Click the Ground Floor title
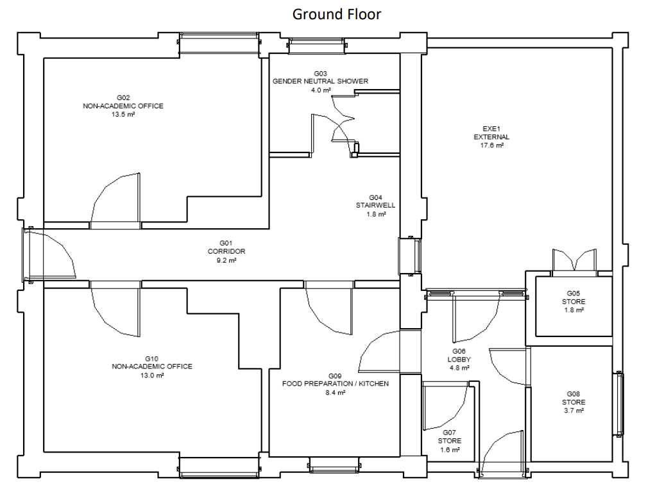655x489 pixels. [x=337, y=14]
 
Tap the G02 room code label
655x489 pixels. [x=123, y=97]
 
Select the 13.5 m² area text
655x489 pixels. [x=123, y=114]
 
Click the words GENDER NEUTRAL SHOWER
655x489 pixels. [x=320, y=81]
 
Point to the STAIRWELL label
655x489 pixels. [x=375, y=205]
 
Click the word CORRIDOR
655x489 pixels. [x=226, y=251]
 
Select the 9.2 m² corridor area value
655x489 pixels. [x=226, y=260]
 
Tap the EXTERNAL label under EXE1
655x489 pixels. [x=491, y=137]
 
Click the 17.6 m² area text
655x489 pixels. [x=491, y=145]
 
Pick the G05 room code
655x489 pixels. [x=574, y=294]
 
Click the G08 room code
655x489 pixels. [x=574, y=394]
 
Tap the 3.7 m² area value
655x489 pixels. [x=574, y=411]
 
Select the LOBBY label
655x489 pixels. [x=459, y=360]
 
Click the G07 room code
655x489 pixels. [x=450, y=433]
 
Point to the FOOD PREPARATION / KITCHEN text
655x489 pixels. [x=336, y=384]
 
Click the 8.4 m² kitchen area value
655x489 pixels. [x=336, y=393]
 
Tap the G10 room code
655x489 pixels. [x=151, y=358]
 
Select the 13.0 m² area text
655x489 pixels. [x=151, y=376]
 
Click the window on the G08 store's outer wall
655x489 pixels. [x=619, y=404]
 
